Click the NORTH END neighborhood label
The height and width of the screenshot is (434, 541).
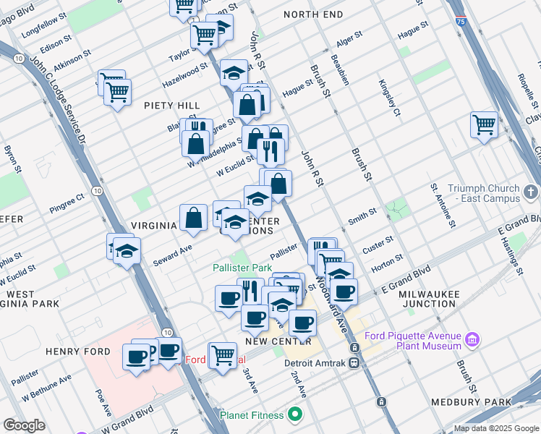click(313, 14)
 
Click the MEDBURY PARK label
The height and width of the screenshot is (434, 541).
click(480, 401)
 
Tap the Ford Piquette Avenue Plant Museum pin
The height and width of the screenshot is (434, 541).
click(472, 339)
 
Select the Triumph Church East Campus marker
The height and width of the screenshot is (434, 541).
click(532, 192)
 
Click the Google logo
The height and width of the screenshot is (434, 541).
click(24, 425)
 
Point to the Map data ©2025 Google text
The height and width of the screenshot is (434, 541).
click(496, 428)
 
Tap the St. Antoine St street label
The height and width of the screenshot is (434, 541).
click(442, 204)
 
